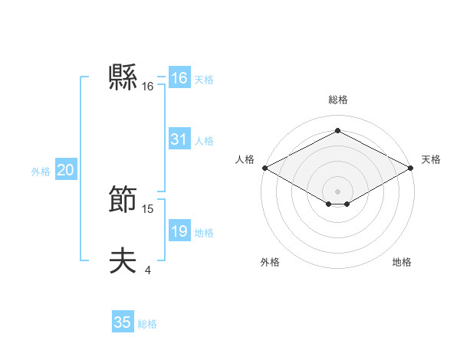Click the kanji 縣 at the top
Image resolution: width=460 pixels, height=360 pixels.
(123, 77)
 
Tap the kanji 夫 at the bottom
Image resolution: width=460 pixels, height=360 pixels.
(123, 261)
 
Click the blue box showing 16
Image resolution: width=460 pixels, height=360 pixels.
(179, 79)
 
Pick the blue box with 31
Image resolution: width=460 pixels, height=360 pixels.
(179, 139)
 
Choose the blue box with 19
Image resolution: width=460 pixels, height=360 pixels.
(179, 231)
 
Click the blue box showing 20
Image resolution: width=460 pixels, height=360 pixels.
(65, 171)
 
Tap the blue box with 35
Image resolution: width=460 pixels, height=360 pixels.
(123, 322)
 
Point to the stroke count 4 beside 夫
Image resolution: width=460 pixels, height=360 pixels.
(147, 270)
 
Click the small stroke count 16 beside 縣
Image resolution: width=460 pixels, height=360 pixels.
(148, 87)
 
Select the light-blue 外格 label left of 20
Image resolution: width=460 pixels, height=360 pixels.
(41, 172)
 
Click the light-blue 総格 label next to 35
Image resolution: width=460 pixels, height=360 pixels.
(147, 324)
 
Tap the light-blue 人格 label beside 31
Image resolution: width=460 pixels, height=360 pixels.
(204, 141)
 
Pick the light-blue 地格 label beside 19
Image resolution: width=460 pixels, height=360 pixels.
(204, 233)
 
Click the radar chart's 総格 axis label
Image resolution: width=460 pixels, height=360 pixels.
(337, 100)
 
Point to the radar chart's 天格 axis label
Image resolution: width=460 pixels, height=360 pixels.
(431, 159)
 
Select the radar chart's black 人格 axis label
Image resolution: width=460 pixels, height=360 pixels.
(245, 159)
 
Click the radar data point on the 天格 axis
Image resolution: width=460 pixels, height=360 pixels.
(411, 167)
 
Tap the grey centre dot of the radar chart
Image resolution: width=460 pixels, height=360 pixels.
(337, 191)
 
